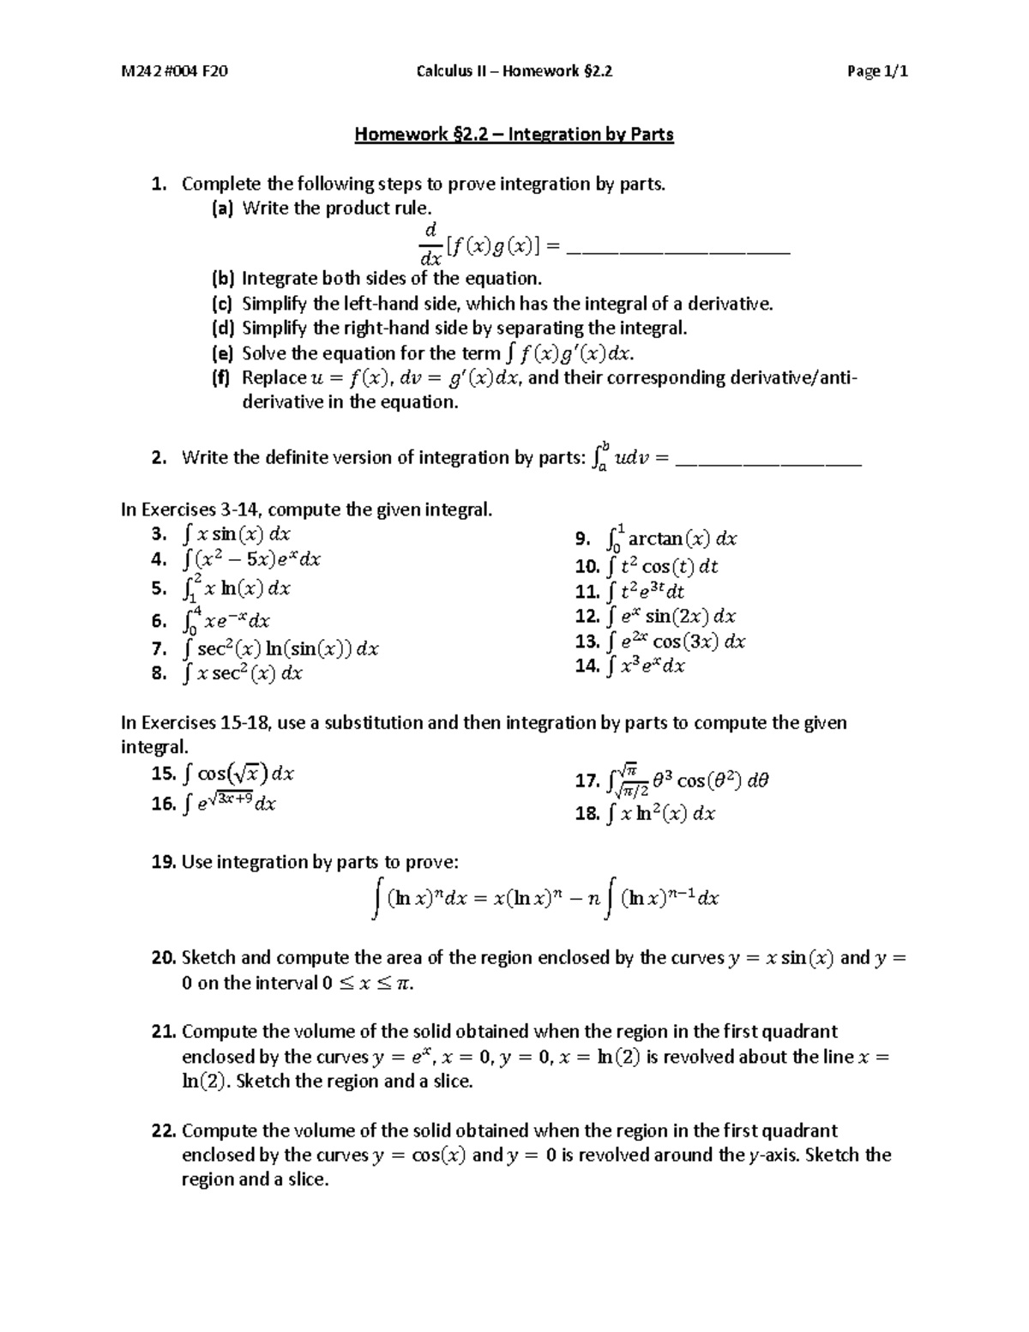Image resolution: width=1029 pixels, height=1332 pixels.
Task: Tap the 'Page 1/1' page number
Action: (876, 71)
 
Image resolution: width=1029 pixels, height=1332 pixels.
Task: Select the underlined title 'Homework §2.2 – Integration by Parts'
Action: (514, 135)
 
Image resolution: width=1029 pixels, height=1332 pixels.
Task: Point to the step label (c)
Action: (222, 304)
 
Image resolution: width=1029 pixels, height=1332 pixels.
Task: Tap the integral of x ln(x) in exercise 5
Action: (237, 588)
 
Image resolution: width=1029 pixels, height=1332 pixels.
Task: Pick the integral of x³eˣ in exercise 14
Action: (645, 666)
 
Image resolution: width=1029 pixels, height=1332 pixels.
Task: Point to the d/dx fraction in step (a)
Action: (430, 244)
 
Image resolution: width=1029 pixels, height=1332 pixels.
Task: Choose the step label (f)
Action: (221, 378)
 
